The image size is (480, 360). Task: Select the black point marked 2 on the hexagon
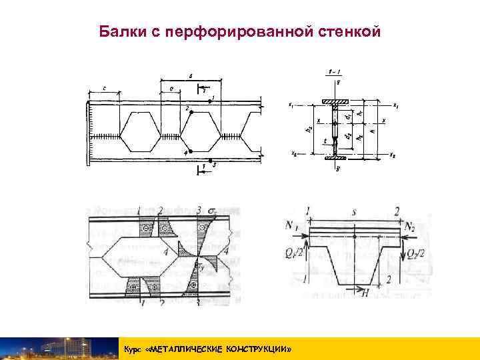click(x=191, y=112)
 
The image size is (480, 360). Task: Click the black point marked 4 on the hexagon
click(x=191, y=151)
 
